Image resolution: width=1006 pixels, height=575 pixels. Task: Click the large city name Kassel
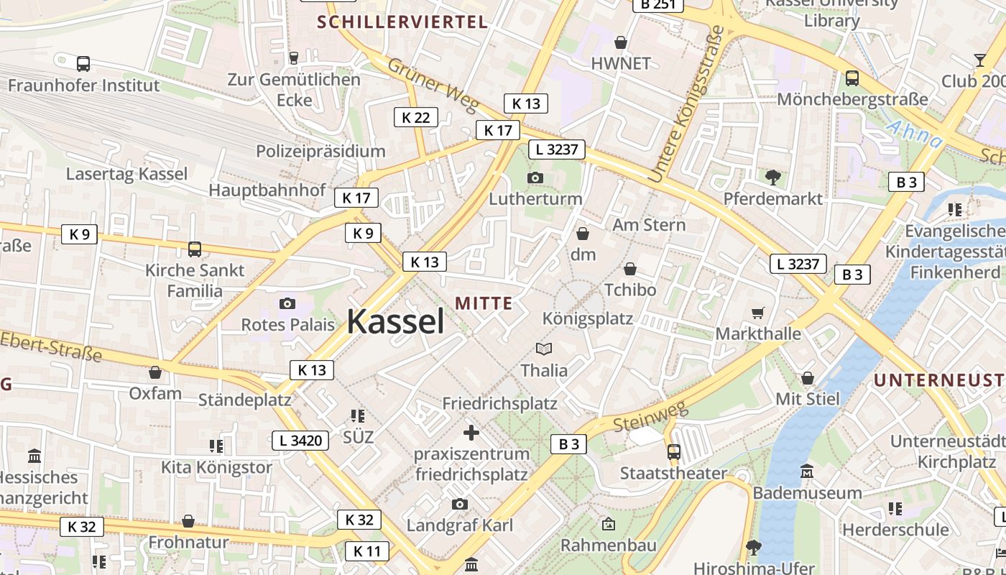click(x=396, y=322)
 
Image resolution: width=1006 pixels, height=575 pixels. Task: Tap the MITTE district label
click(x=484, y=303)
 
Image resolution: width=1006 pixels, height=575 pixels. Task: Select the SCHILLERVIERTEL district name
click(x=402, y=22)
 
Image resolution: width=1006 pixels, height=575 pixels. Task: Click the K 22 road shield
click(x=416, y=117)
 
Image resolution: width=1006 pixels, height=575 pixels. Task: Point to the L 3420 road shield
click(x=300, y=441)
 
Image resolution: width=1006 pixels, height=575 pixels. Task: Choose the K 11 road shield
click(x=367, y=551)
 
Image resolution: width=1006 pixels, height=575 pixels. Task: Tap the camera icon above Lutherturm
click(x=535, y=178)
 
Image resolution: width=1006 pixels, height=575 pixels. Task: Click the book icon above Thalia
click(x=544, y=349)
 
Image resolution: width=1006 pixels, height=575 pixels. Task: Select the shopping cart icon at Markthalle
click(x=757, y=313)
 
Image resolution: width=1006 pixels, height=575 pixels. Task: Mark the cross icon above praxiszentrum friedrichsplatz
click(x=471, y=433)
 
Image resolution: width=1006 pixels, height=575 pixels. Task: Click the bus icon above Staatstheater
click(x=673, y=451)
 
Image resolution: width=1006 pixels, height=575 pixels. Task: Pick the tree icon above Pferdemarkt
click(x=773, y=177)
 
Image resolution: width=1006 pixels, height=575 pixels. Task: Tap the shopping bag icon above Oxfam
click(x=154, y=372)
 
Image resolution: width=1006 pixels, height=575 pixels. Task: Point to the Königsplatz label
click(x=588, y=318)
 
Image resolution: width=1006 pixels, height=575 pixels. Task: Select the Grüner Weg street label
click(x=433, y=86)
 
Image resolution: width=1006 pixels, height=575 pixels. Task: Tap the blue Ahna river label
click(x=914, y=135)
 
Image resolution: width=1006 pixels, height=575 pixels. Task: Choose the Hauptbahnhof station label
click(x=267, y=190)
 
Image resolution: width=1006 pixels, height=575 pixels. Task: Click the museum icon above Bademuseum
click(x=807, y=471)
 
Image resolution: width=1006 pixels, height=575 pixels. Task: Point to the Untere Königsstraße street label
click(x=686, y=105)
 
